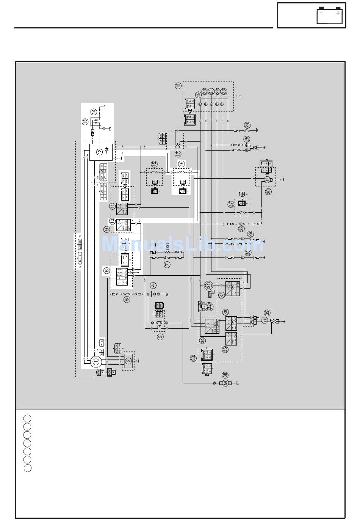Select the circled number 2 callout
tap(128, 361)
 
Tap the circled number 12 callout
tap(99, 152)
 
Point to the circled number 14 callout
tap(93, 111)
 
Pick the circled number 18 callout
tap(178, 86)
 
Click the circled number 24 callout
tap(247, 125)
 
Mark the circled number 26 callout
tap(268, 192)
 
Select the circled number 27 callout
tap(231, 204)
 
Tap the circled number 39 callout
tap(267, 313)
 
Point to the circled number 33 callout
tap(193, 357)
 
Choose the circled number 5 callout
tap(127, 299)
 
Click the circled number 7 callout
tap(167, 265)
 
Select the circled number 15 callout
tap(154, 164)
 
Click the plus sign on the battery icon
tap(338, 13)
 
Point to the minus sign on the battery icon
tap(321, 13)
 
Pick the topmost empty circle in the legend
tap(27, 419)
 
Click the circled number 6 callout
tap(107, 270)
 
